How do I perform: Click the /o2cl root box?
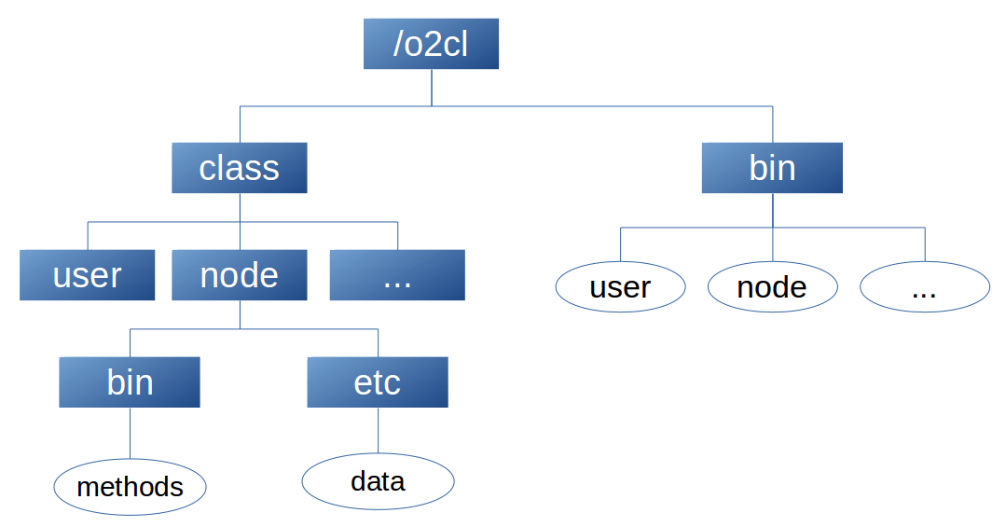click(431, 44)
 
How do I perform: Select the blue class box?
click(240, 168)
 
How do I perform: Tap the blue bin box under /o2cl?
click(772, 168)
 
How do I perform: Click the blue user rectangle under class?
click(88, 275)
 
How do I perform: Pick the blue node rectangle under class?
click(240, 275)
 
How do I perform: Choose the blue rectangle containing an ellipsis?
click(397, 275)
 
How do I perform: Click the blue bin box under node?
click(130, 381)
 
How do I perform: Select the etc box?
click(378, 381)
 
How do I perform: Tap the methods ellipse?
click(131, 487)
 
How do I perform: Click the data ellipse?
click(378, 481)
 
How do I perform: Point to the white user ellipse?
click(620, 287)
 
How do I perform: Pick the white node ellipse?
click(773, 287)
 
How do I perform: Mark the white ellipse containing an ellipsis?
click(925, 287)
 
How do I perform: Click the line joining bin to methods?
click(131, 433)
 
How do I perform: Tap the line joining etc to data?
click(378, 430)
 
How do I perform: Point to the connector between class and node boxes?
click(240, 221)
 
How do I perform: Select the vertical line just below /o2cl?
click(432, 88)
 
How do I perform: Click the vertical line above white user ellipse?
click(620, 244)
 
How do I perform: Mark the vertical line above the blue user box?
click(88, 236)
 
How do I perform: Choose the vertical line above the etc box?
click(378, 342)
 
